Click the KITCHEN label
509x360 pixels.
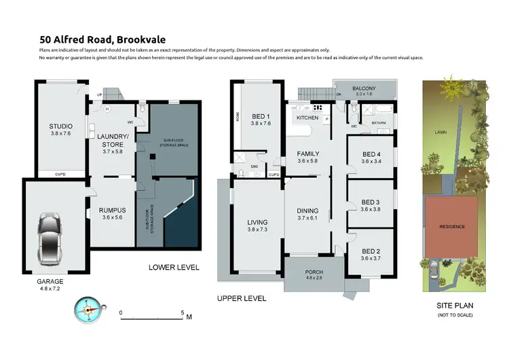307,118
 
